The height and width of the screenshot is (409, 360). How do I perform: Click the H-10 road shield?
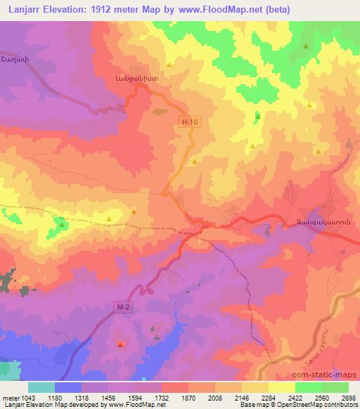[186, 122]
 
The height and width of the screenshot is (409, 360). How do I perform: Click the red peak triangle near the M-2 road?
[120, 344]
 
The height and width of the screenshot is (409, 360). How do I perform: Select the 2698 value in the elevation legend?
[348, 396]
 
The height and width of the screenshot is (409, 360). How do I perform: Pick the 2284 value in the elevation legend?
[269, 396]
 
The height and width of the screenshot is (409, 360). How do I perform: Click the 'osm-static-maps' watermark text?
[326, 378]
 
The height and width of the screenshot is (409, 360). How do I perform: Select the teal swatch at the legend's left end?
[41, 387]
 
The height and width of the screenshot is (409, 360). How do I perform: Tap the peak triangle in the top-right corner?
[306, 46]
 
